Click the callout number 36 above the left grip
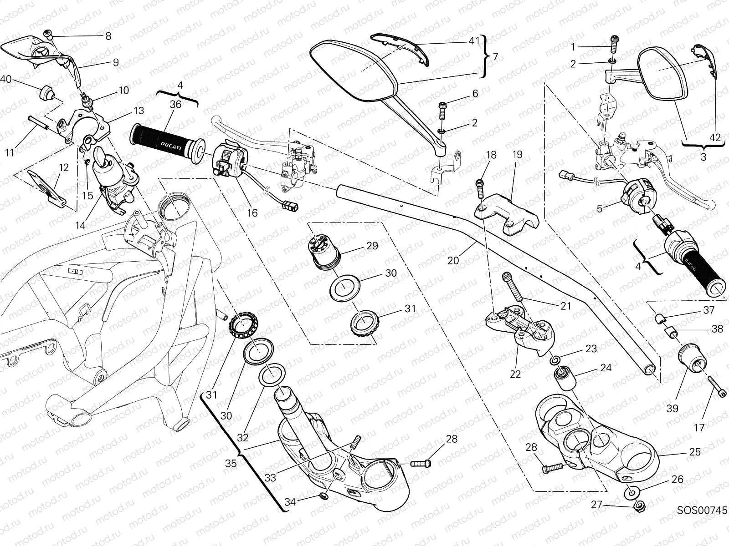click(x=176, y=105)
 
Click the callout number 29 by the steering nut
click(x=372, y=246)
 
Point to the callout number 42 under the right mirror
click(x=715, y=137)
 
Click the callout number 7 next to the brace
click(x=495, y=57)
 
